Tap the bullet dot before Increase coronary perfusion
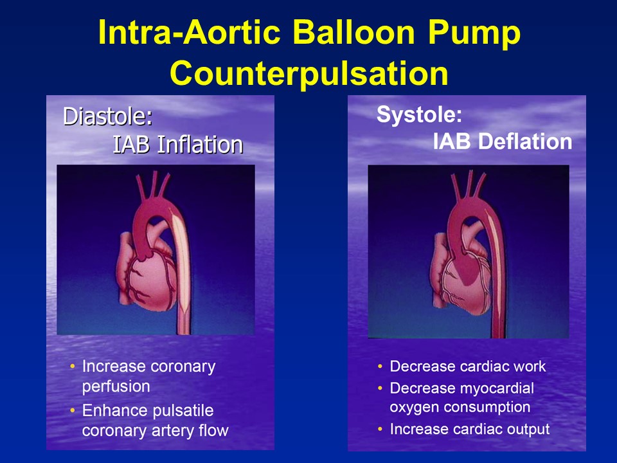[72, 367]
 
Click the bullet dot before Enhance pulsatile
[72, 410]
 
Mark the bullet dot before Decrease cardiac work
[380, 367]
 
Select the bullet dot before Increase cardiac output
[380, 429]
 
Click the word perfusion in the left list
[116, 386]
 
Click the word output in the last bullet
[526, 429]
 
